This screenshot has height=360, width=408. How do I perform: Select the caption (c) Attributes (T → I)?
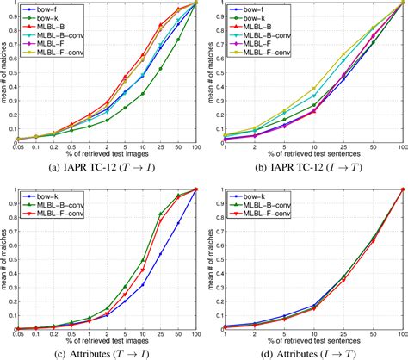(x=107, y=353)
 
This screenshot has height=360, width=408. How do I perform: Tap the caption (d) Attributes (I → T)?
(x=309, y=353)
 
